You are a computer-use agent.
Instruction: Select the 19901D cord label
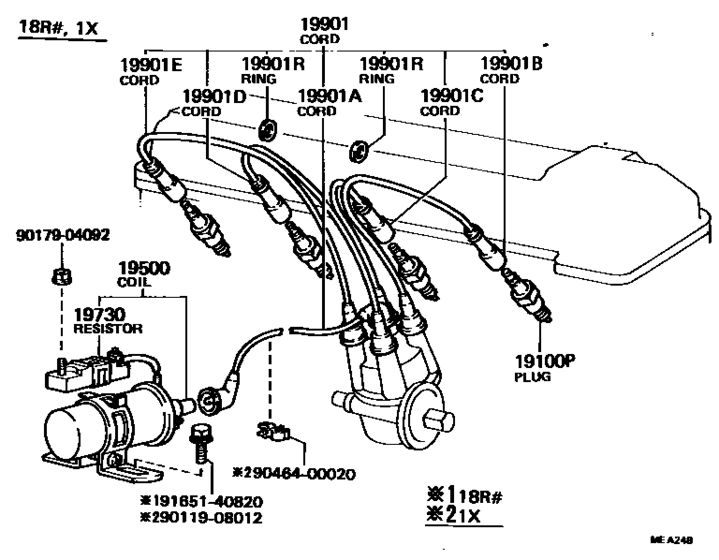tap(214, 97)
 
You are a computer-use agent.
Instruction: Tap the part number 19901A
tap(330, 97)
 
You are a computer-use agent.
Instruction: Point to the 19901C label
tap(452, 96)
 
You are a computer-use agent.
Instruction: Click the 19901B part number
tap(511, 64)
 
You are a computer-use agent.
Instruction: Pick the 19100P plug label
tap(544, 362)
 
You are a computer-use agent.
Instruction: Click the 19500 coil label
tap(144, 269)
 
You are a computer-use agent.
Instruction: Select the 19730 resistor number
tap(99, 315)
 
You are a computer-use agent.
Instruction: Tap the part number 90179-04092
tap(63, 236)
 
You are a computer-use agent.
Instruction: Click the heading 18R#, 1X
tap(58, 28)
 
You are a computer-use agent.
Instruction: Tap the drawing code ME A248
tap(671, 540)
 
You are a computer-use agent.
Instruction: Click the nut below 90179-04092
tap(61, 276)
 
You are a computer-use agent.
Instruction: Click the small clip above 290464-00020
tap(273, 431)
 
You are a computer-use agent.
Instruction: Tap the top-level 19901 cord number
tap(324, 24)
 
